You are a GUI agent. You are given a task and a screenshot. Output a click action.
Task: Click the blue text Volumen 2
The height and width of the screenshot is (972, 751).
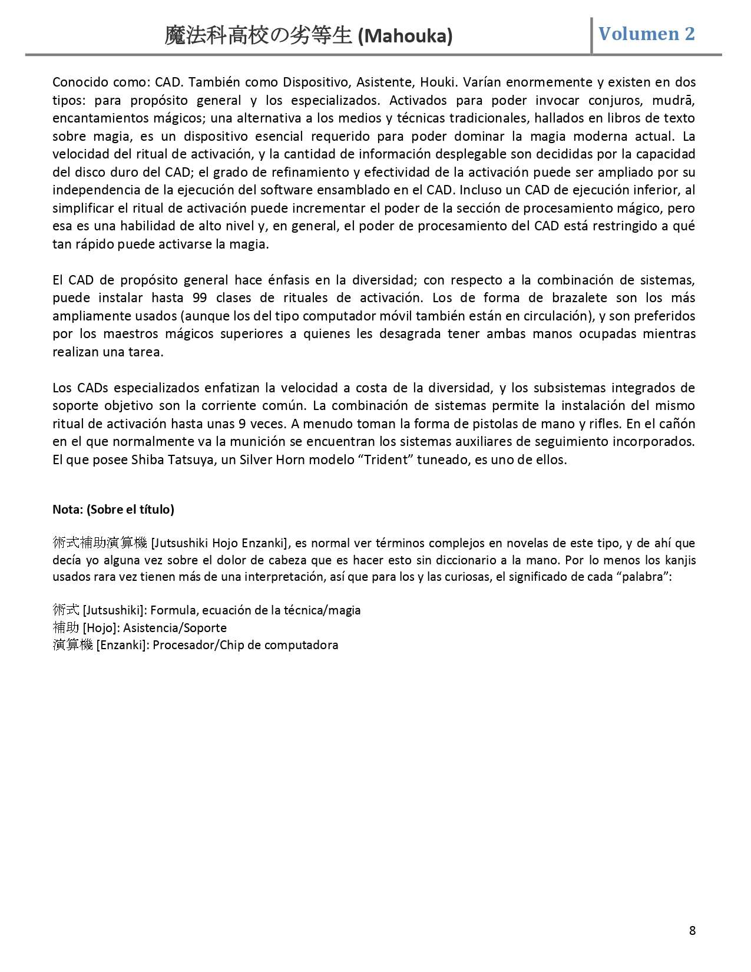click(x=646, y=34)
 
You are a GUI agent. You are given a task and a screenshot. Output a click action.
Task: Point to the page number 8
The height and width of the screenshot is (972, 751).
click(x=692, y=931)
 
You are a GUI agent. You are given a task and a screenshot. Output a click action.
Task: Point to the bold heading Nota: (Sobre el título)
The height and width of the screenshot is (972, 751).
click(x=113, y=510)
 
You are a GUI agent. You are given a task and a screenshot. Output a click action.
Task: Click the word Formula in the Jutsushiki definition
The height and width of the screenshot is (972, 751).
click(x=171, y=610)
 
